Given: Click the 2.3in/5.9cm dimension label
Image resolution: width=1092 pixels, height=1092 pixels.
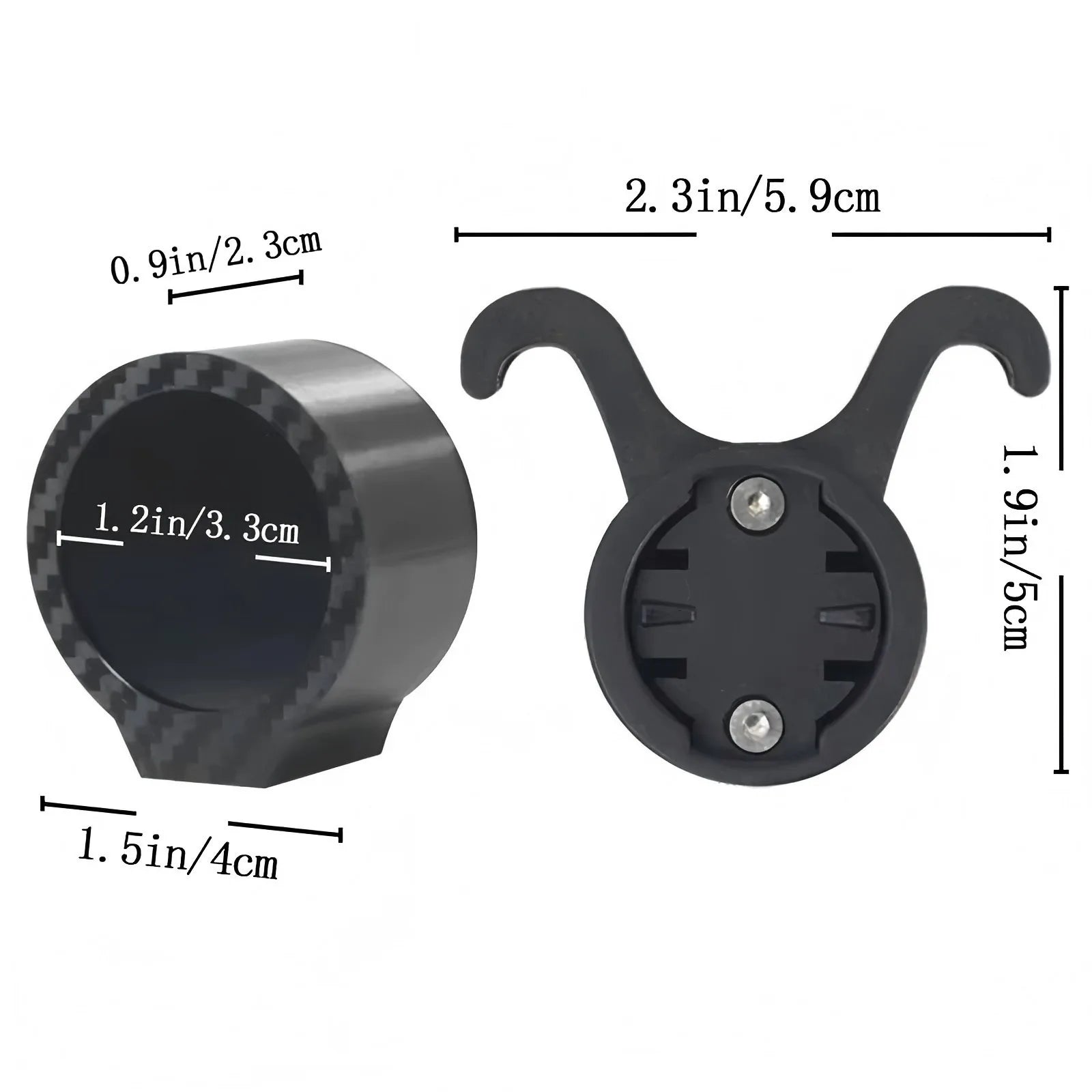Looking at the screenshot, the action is [752, 198].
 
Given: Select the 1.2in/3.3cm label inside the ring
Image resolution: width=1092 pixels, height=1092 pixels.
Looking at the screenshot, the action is [197, 523].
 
